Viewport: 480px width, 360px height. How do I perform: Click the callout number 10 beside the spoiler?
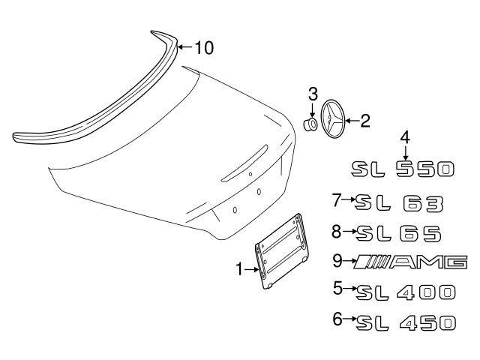click(x=204, y=48)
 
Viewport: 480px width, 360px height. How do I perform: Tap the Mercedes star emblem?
click(x=333, y=118)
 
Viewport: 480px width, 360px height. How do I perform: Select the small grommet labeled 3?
click(x=310, y=124)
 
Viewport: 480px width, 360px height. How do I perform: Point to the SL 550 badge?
click(x=403, y=169)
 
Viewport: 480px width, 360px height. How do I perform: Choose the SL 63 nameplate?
click(x=399, y=203)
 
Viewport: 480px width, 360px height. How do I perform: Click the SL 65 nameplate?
click(x=399, y=233)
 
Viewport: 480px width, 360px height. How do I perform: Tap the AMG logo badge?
click(x=410, y=262)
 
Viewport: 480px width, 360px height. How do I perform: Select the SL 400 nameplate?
click(x=406, y=292)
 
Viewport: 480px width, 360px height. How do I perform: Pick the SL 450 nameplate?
click(x=406, y=322)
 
